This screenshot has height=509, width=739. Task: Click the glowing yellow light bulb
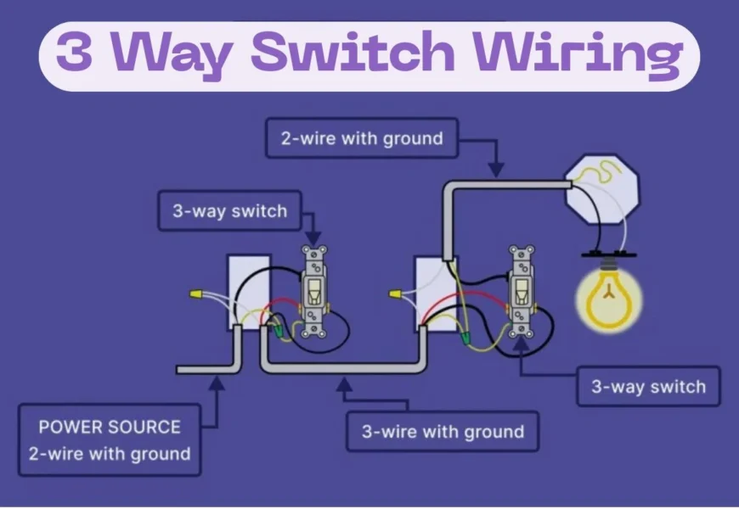[607, 297]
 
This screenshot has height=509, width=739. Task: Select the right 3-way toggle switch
[521, 291]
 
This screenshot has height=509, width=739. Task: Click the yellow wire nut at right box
[396, 294]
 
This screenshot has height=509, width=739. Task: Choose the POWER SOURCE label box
[110, 440]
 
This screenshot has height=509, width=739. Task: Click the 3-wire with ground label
[443, 432]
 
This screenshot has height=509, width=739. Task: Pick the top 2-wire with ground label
[362, 138]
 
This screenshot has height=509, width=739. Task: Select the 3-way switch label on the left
[229, 211]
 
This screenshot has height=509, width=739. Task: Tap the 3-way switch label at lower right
[648, 387]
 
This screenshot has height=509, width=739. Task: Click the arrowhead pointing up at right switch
[519, 346]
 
